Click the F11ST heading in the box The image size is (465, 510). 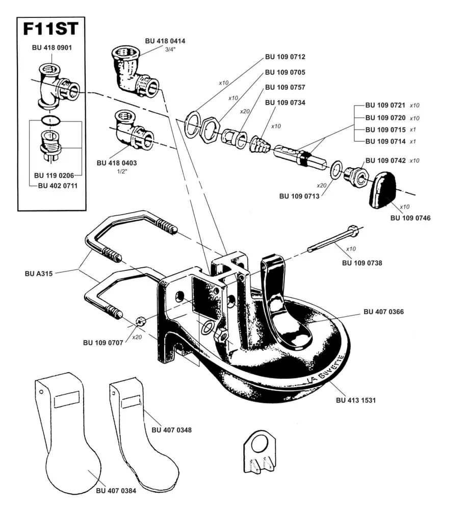click(51, 29)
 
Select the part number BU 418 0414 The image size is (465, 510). click(164, 41)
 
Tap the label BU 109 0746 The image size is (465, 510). click(410, 218)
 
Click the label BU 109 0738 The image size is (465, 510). click(361, 263)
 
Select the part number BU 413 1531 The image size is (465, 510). click(356, 400)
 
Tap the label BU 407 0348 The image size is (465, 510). click(172, 430)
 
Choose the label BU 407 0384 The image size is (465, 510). click(116, 491)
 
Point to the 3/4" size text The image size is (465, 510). click(170, 49)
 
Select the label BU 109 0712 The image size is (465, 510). click(285, 57)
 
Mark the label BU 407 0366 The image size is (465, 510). click(383, 311)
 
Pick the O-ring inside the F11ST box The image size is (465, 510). click(50, 121)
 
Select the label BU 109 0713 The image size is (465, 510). click(299, 196)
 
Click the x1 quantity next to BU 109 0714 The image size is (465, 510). click(414, 141)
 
